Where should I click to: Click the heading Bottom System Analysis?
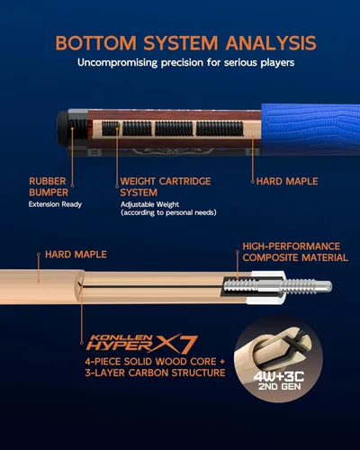point(184,42)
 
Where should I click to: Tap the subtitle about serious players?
point(184,64)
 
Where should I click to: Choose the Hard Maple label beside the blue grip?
point(287,181)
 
